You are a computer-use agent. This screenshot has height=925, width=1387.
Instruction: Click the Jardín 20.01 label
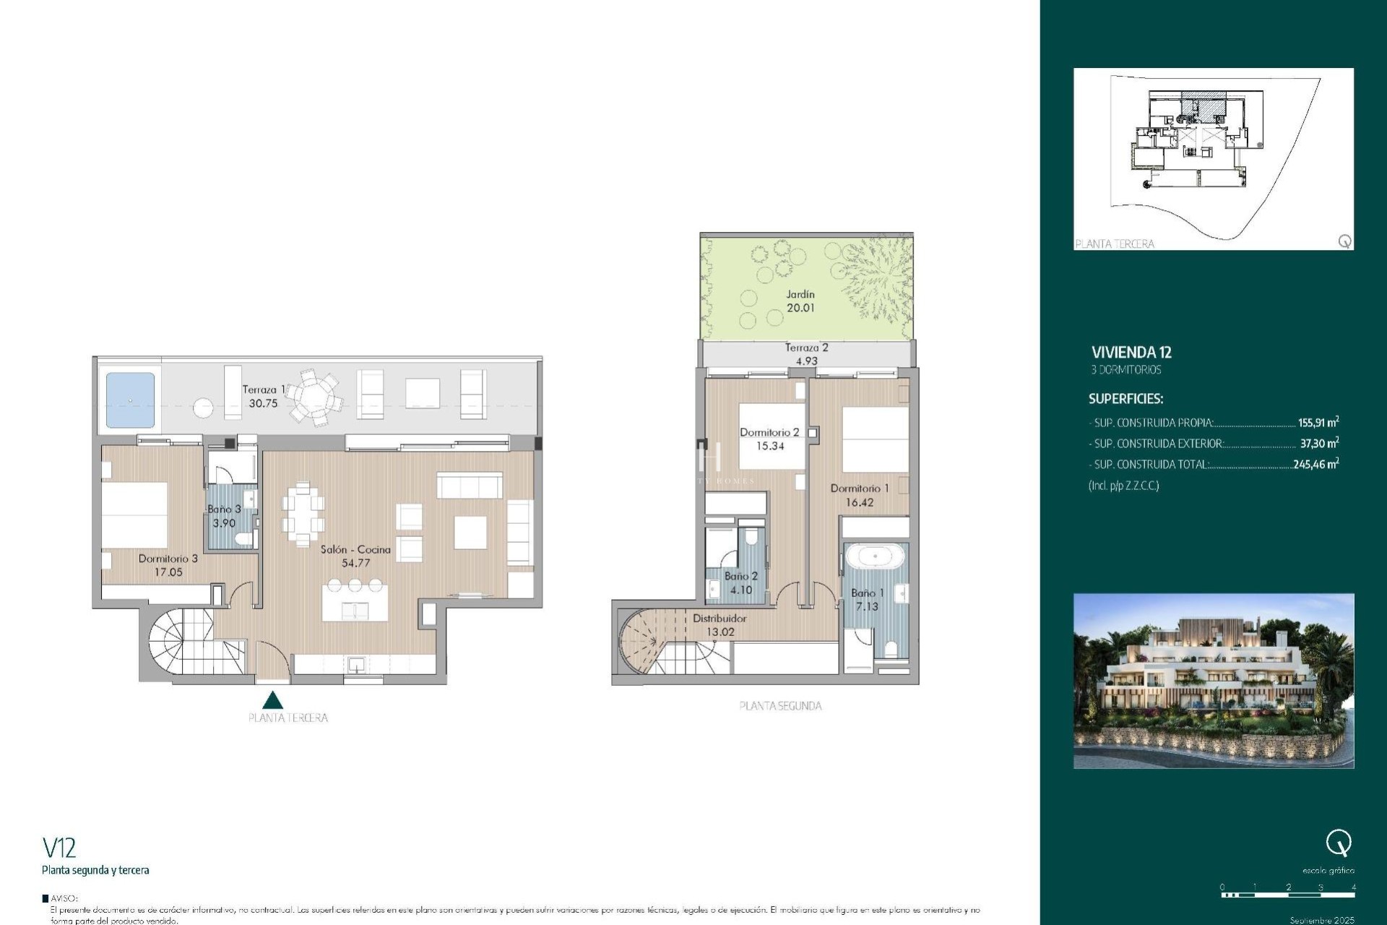(x=800, y=301)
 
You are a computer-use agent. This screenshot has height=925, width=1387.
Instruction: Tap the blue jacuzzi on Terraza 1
(x=131, y=400)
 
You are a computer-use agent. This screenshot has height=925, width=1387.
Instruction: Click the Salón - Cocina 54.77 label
(x=355, y=556)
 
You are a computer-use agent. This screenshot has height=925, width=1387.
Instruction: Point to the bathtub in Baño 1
(x=875, y=557)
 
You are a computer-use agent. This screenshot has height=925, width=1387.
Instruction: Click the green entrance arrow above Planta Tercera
(x=272, y=700)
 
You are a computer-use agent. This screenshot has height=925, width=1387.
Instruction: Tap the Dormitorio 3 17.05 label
(x=168, y=565)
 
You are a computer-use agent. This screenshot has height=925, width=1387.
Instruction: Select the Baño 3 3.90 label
(x=224, y=516)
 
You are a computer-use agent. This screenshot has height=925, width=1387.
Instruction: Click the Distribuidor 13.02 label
(x=720, y=625)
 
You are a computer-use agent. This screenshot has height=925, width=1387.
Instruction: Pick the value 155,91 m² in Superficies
(x=1318, y=423)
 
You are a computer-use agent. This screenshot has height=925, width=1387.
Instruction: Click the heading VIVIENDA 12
(x=1131, y=353)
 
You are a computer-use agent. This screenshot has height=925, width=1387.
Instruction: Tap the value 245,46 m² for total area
(x=1315, y=465)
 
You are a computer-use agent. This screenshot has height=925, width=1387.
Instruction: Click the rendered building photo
(x=1213, y=681)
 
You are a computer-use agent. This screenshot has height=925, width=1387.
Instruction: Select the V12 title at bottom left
(x=59, y=847)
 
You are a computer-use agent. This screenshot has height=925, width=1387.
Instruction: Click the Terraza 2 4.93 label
(x=806, y=354)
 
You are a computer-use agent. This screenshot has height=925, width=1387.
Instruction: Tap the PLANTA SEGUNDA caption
(x=780, y=706)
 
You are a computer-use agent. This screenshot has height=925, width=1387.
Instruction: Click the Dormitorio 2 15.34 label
(x=769, y=439)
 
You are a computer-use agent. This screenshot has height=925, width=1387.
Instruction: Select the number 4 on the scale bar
(x=1353, y=887)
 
